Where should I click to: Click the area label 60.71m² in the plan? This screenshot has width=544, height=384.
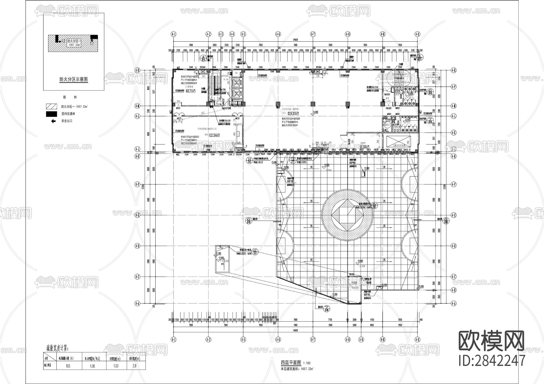(x=190, y=90)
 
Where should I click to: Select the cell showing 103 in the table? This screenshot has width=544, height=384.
(x=68, y=366)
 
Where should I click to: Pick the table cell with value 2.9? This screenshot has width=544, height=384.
(x=134, y=366)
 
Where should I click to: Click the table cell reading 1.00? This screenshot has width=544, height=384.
(x=92, y=366)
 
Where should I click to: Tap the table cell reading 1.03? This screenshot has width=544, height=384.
(x=116, y=366)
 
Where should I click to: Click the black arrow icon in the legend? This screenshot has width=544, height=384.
(x=53, y=121)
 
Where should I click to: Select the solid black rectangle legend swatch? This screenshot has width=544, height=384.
(x=51, y=114)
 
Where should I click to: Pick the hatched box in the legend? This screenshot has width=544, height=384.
(x=51, y=106)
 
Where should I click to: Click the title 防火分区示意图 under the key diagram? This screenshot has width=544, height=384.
(x=73, y=80)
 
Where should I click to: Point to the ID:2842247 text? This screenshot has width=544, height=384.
(x=492, y=360)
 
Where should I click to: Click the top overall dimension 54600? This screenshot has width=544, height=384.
(x=295, y=40)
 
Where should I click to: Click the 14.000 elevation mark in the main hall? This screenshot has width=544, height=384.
(x=316, y=112)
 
